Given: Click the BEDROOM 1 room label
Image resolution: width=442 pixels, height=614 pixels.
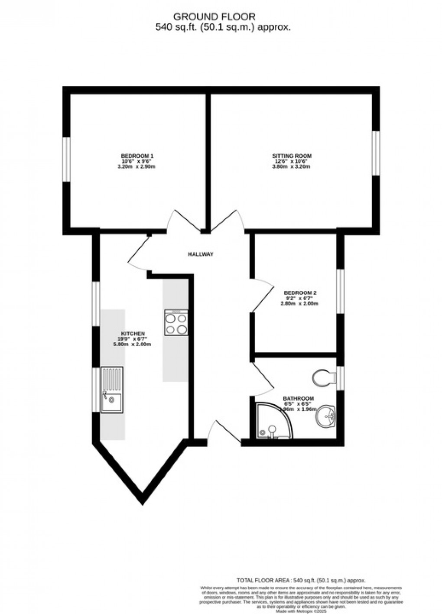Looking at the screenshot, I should [137, 156].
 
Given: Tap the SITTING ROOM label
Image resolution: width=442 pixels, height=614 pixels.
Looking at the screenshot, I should [292, 156].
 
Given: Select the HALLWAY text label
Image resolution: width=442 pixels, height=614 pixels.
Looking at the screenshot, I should [201, 254].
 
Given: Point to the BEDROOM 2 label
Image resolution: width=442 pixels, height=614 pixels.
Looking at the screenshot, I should [300, 293].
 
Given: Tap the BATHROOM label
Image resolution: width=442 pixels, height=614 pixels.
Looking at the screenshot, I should [298, 398].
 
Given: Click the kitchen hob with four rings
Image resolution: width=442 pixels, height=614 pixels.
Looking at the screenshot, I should [176, 322].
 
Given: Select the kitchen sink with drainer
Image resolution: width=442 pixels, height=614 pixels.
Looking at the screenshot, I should [112, 389].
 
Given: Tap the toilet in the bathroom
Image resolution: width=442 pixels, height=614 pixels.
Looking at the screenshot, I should [324, 377].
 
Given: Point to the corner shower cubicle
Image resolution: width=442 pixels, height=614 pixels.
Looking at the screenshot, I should [272, 421].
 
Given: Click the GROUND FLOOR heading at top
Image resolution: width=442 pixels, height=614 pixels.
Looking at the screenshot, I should [214, 16].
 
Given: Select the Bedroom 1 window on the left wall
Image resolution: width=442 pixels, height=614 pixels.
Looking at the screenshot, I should [67, 159].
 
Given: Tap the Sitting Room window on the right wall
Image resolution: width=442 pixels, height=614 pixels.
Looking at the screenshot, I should [376, 153].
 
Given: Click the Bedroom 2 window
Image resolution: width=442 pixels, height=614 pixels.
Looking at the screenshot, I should [340, 290].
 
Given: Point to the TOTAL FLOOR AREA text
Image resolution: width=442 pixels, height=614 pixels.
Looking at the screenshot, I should [265, 580].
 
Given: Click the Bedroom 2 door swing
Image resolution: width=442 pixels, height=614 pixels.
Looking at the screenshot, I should [263, 296].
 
